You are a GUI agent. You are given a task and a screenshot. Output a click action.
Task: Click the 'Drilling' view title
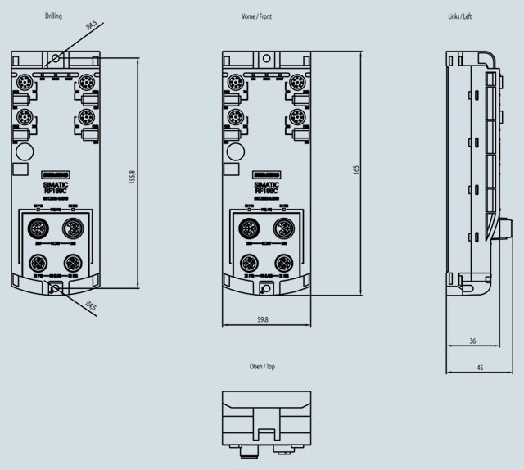tap(53, 16)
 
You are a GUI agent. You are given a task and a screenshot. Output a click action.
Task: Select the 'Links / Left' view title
tap(459, 16)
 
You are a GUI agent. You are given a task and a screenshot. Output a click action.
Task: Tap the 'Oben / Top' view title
tap(262, 367)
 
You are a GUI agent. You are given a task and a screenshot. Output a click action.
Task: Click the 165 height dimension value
tap(355, 169)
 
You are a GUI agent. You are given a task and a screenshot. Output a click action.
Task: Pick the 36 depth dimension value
tap(472, 341)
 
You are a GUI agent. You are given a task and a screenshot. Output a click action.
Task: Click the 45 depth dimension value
tap(479, 368)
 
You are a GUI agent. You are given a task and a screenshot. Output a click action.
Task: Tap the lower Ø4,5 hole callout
tap(91, 307)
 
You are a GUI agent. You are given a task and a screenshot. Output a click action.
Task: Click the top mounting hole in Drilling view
tap(56, 59)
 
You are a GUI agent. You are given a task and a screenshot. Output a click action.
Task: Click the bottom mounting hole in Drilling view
tap(56, 287)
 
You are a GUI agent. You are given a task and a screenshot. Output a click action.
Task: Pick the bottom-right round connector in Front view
tap(285, 262)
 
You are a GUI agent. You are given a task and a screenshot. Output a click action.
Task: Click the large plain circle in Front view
tap(236, 151)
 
